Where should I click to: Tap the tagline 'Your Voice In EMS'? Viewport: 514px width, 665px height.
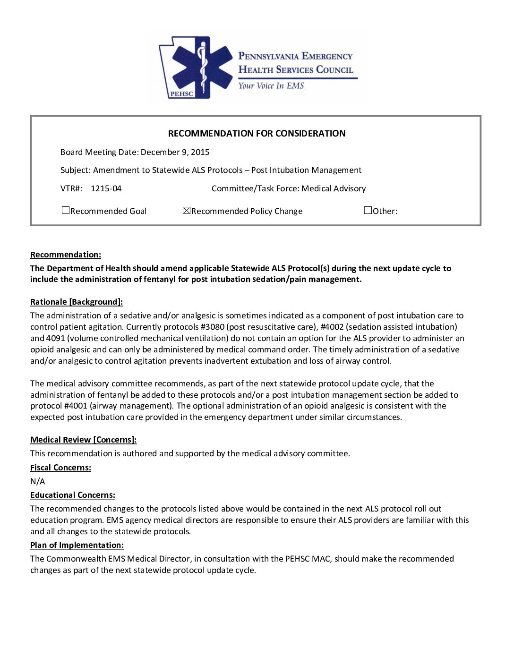[271, 85]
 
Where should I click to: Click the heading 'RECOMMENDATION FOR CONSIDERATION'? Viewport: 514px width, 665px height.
[257, 134]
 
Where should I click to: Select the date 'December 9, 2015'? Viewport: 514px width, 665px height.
[175, 152]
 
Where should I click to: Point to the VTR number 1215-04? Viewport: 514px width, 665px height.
[106, 188]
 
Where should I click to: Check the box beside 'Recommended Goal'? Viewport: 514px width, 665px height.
[66, 211]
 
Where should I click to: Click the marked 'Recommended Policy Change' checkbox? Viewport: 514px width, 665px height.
[187, 211]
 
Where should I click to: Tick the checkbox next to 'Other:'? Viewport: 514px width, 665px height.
[368, 211]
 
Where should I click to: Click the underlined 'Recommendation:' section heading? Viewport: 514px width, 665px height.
[66, 255]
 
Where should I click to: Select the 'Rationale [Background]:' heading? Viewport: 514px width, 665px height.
[77, 302]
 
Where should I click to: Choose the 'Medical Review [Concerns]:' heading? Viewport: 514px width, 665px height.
[84, 440]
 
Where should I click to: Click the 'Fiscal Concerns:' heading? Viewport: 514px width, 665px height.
[60, 468]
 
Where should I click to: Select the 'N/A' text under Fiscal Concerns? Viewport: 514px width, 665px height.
[38, 482]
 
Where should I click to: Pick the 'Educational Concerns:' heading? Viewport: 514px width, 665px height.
[73, 495]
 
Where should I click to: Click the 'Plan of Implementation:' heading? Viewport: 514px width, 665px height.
[77, 546]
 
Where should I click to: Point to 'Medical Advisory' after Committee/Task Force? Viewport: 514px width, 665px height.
[334, 188]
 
